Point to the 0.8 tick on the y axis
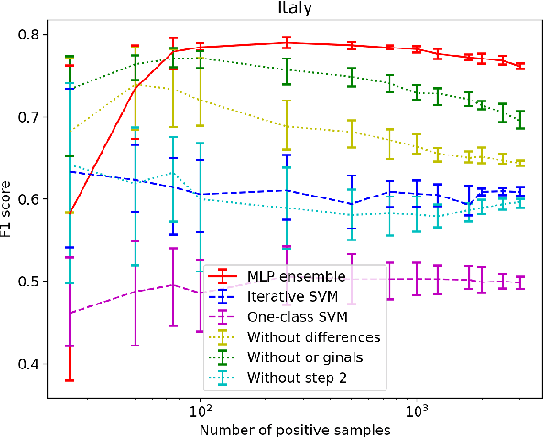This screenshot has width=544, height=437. click(27, 35)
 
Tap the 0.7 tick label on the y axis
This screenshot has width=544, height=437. click(27, 117)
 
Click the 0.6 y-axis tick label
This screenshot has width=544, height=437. click(27, 199)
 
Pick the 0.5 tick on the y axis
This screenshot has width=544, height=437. click(27, 282)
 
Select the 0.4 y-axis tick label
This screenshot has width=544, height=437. click(27, 364)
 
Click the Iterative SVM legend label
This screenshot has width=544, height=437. click(292, 296)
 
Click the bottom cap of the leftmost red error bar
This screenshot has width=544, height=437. click(69, 380)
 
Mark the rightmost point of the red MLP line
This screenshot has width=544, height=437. click(520, 66)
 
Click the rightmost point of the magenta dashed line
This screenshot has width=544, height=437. click(520, 282)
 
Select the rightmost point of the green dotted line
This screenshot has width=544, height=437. click(520, 120)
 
